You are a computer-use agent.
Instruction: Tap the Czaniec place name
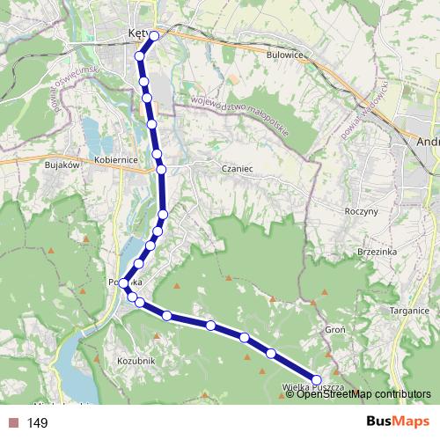(x=238, y=166)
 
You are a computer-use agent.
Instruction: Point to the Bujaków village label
(x=62, y=164)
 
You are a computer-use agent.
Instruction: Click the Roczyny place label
(x=362, y=211)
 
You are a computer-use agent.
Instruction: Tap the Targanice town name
(x=409, y=310)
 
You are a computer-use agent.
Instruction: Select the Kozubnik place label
(x=136, y=361)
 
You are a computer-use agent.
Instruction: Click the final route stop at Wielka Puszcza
(x=317, y=379)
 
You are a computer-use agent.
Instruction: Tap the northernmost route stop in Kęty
(x=155, y=36)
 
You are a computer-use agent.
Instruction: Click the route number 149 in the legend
(x=38, y=423)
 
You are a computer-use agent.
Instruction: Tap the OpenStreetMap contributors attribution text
(x=363, y=394)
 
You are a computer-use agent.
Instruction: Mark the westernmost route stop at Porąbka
(x=123, y=283)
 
